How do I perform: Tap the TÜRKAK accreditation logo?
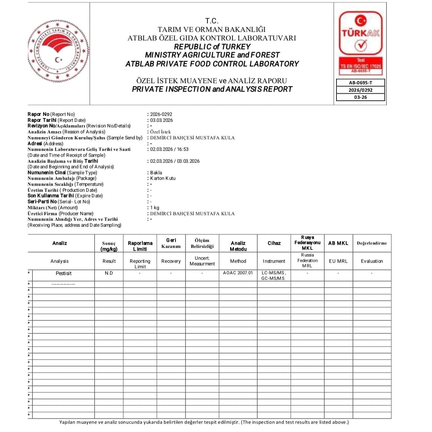[x=360, y=43]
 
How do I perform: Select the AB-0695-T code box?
[x=360, y=83]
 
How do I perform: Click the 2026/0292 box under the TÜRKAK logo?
[x=360, y=90]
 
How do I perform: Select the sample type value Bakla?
[x=156, y=173]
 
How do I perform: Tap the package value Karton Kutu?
[x=162, y=178]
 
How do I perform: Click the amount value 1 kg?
[x=154, y=207]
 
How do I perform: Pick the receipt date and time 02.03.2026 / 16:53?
[x=169, y=149]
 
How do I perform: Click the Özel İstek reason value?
[x=160, y=132]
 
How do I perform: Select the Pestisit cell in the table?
[x=64, y=273]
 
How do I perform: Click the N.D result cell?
[x=109, y=273]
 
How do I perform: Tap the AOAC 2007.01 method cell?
[x=238, y=273]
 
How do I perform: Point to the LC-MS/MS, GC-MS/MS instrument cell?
[x=274, y=275]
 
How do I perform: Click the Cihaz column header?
[x=274, y=243]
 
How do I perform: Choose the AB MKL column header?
[x=338, y=243]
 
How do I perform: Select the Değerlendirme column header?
[x=372, y=243]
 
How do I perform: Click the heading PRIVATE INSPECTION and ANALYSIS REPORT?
[x=212, y=89]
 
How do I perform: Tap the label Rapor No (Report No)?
[x=51, y=115]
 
